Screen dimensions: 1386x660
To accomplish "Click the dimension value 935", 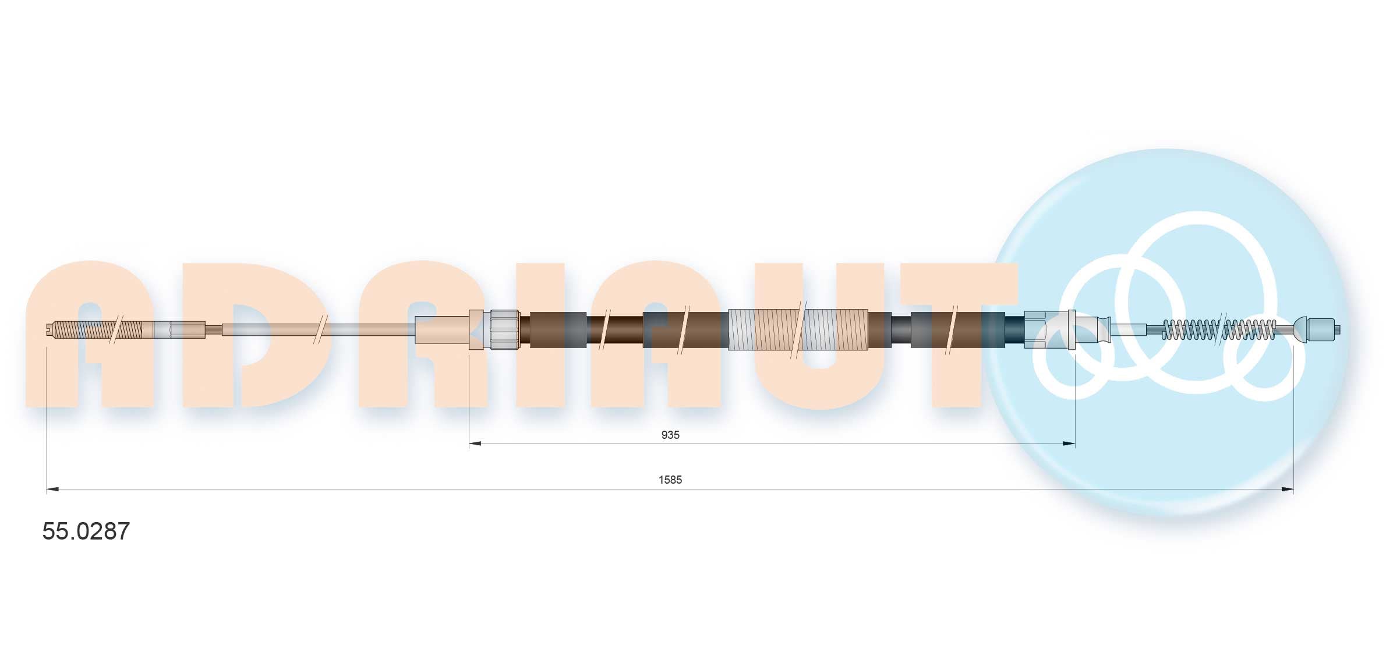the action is pyautogui.click(x=670, y=435).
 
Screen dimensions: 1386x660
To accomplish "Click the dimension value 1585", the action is pyautogui.click(x=670, y=480).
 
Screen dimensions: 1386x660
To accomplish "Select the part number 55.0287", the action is pyautogui.click(x=86, y=531).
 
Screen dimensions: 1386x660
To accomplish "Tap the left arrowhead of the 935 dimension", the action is pyautogui.click(x=475, y=444).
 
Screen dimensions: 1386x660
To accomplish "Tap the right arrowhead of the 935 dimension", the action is pyautogui.click(x=1069, y=444).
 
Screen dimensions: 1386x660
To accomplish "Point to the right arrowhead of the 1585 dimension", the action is pyautogui.click(x=1287, y=489).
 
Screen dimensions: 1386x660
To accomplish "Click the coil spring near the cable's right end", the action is pyautogui.click(x=1219, y=329).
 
